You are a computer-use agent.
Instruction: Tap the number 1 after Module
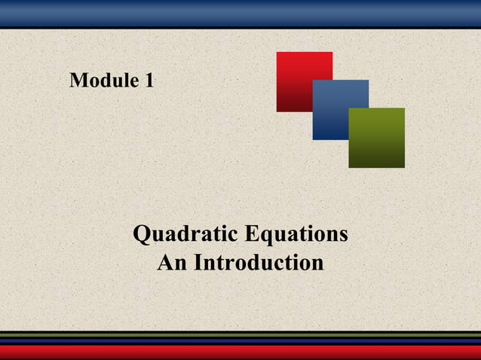pyautogui.click(x=149, y=81)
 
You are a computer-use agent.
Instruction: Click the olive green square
pyautogui.click(x=376, y=138)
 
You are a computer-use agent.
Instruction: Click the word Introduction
pyautogui.click(x=259, y=263)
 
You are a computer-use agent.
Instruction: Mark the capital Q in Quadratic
pyautogui.click(x=141, y=235)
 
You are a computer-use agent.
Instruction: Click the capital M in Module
pyautogui.click(x=77, y=81)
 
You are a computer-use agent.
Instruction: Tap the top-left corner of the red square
pyautogui.click(x=277, y=53)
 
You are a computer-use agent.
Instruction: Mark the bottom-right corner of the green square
pyautogui.click(x=403, y=166)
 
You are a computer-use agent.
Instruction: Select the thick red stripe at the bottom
pyautogui.click(x=240, y=352)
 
